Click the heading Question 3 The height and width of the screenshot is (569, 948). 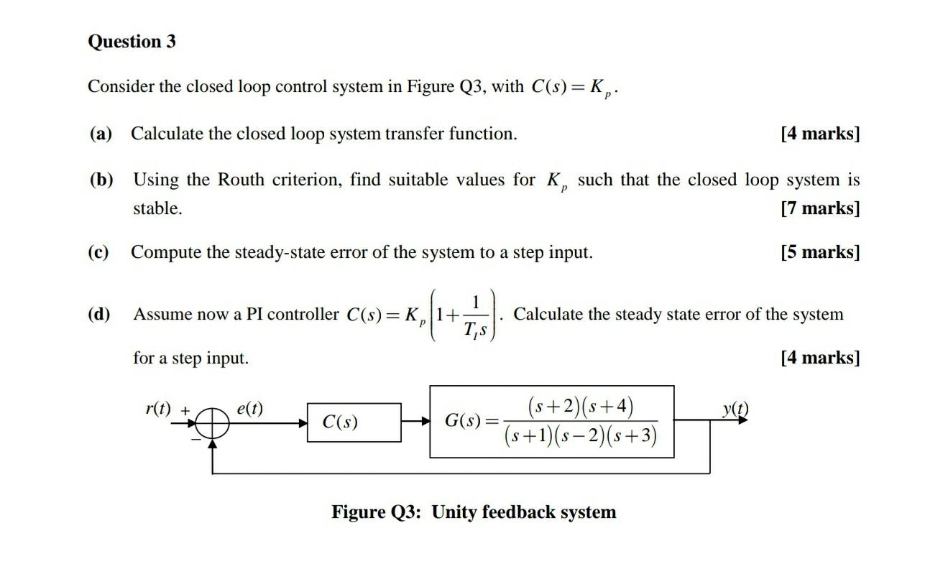[132, 42]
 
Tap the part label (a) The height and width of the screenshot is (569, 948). [101, 134]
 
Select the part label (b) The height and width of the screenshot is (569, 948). [101, 179]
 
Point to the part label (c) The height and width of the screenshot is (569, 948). [99, 252]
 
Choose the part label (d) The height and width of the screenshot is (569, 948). [100, 314]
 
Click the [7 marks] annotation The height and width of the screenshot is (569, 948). [819, 208]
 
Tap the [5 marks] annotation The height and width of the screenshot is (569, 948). [819, 252]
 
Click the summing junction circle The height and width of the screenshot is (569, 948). [212, 422]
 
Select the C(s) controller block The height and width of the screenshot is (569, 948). [354, 422]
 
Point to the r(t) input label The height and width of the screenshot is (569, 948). [158, 409]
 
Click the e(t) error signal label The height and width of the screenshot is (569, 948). [249, 409]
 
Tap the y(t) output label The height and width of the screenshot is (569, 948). [735, 409]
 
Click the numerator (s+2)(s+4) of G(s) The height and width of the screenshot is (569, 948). [581, 407]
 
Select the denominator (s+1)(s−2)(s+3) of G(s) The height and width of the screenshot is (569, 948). [581, 435]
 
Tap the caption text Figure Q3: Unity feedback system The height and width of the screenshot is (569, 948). [474, 512]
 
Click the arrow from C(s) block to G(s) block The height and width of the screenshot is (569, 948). [415, 422]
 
